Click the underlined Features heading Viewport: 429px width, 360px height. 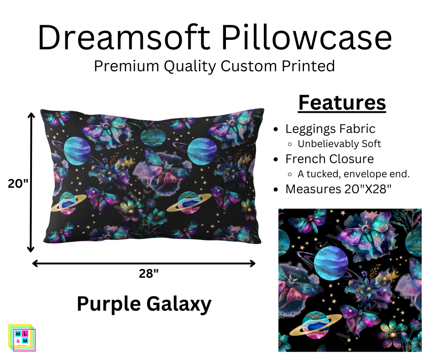pyautogui.click(x=342, y=103)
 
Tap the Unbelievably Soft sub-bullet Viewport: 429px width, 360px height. pyautogui.click(x=339, y=144)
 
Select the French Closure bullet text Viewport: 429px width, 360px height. pyautogui.click(x=330, y=159)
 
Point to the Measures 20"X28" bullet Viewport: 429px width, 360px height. pyautogui.click(x=338, y=189)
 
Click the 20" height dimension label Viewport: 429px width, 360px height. pyautogui.click(x=18, y=183)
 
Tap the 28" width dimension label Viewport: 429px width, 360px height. pyautogui.click(x=149, y=274)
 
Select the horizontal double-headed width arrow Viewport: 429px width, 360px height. pyautogui.click(x=144, y=263)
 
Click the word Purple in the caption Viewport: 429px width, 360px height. pyautogui.click(x=108, y=304)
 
